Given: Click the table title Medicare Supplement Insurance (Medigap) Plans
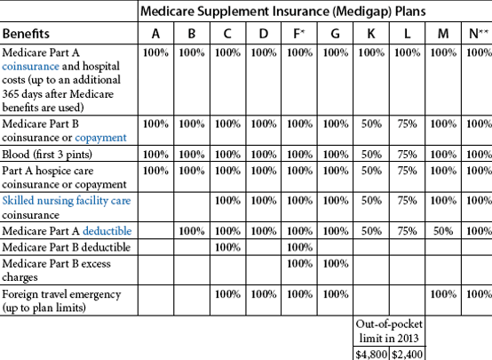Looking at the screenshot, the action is point(282,12).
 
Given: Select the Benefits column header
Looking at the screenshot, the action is point(26,33).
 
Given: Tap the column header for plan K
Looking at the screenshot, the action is point(371,33).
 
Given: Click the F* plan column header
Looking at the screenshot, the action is point(298,33).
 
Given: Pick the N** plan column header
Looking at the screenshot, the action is point(478,33).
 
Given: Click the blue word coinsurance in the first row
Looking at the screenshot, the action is point(30,67).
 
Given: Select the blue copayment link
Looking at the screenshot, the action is point(100,138).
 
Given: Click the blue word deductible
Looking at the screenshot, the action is point(107,231).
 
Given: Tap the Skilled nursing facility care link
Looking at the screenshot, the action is point(67,201).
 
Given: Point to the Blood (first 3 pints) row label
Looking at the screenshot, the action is point(47,155).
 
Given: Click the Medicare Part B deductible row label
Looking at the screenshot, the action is point(67,247).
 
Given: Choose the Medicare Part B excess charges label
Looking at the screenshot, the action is point(57,270).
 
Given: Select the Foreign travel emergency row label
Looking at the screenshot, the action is point(61,300).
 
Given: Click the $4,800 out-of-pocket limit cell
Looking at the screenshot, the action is point(371,355).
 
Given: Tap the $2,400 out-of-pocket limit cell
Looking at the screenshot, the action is point(407,355).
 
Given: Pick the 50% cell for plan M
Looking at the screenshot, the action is point(443,231).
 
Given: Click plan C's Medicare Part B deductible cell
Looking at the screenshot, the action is point(228,247).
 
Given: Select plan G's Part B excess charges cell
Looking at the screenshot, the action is point(336,263).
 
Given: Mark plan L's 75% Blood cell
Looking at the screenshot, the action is point(407,155).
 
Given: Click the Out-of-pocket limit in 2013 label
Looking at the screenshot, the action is point(389,331).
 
